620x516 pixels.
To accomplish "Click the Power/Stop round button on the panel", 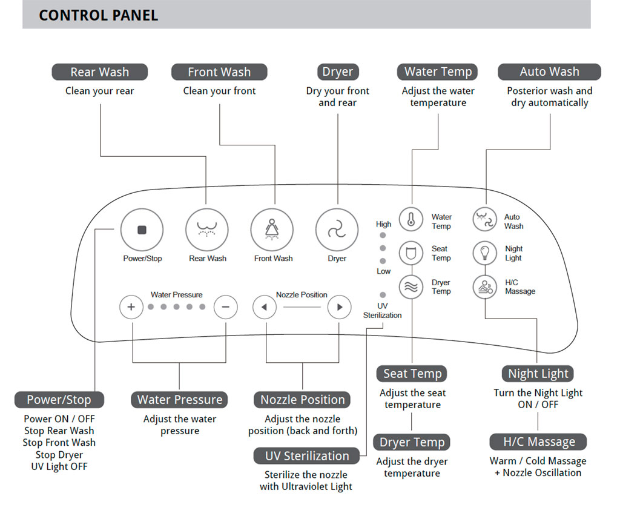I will (142, 230).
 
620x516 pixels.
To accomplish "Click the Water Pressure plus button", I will (131, 307).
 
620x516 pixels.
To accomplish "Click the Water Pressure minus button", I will (225, 307).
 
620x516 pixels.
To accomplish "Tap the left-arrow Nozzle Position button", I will (264, 307).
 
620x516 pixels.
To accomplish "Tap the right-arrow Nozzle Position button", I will (339, 307).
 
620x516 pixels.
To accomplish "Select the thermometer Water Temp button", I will (411, 219).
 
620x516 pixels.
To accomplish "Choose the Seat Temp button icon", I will (411, 253).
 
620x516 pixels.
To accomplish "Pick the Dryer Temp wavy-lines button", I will (411, 286).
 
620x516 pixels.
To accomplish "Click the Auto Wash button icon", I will (484, 219).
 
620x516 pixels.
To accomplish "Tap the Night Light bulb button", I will (484, 253).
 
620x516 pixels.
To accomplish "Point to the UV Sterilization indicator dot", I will (383, 294).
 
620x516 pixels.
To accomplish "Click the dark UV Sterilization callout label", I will (307, 456).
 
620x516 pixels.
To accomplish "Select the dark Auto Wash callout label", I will (549, 71).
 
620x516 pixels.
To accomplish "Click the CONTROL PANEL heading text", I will (98, 15).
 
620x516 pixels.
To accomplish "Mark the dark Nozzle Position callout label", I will (302, 400).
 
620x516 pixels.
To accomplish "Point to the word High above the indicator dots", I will (383, 224).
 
